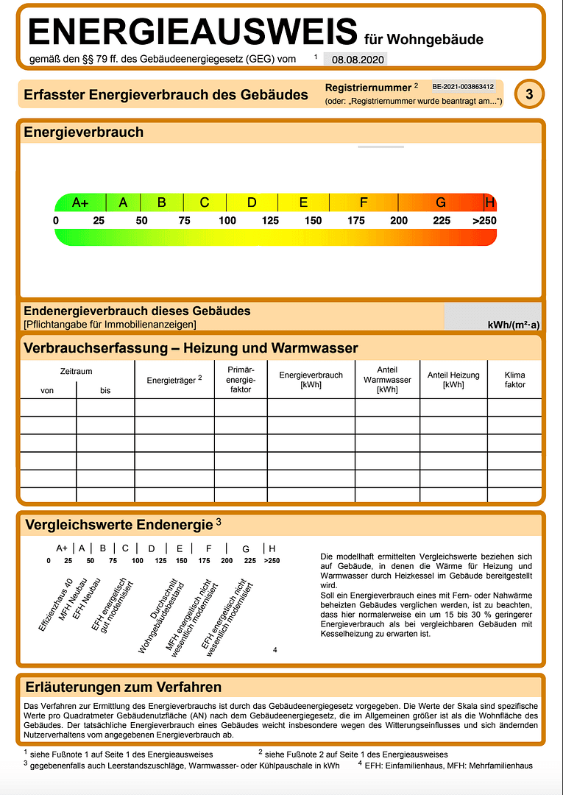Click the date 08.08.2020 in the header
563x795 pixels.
click(353, 60)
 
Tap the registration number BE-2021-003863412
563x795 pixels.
click(463, 87)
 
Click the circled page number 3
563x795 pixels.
click(529, 93)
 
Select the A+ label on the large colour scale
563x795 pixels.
click(80, 202)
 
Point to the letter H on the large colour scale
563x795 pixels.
click(490, 202)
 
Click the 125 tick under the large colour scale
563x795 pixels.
click(270, 221)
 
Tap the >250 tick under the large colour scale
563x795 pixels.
click(484, 221)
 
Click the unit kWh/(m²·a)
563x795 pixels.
click(514, 324)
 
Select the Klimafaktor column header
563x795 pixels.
click(515, 380)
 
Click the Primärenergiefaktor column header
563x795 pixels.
click(241, 380)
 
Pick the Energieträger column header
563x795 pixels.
click(174, 379)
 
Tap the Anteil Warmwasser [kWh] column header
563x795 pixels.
click(387, 380)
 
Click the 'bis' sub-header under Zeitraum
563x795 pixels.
click(105, 390)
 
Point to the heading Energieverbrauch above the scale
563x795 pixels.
click(84, 132)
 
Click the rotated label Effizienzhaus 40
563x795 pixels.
click(54, 604)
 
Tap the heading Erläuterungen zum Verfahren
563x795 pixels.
click(123, 688)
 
